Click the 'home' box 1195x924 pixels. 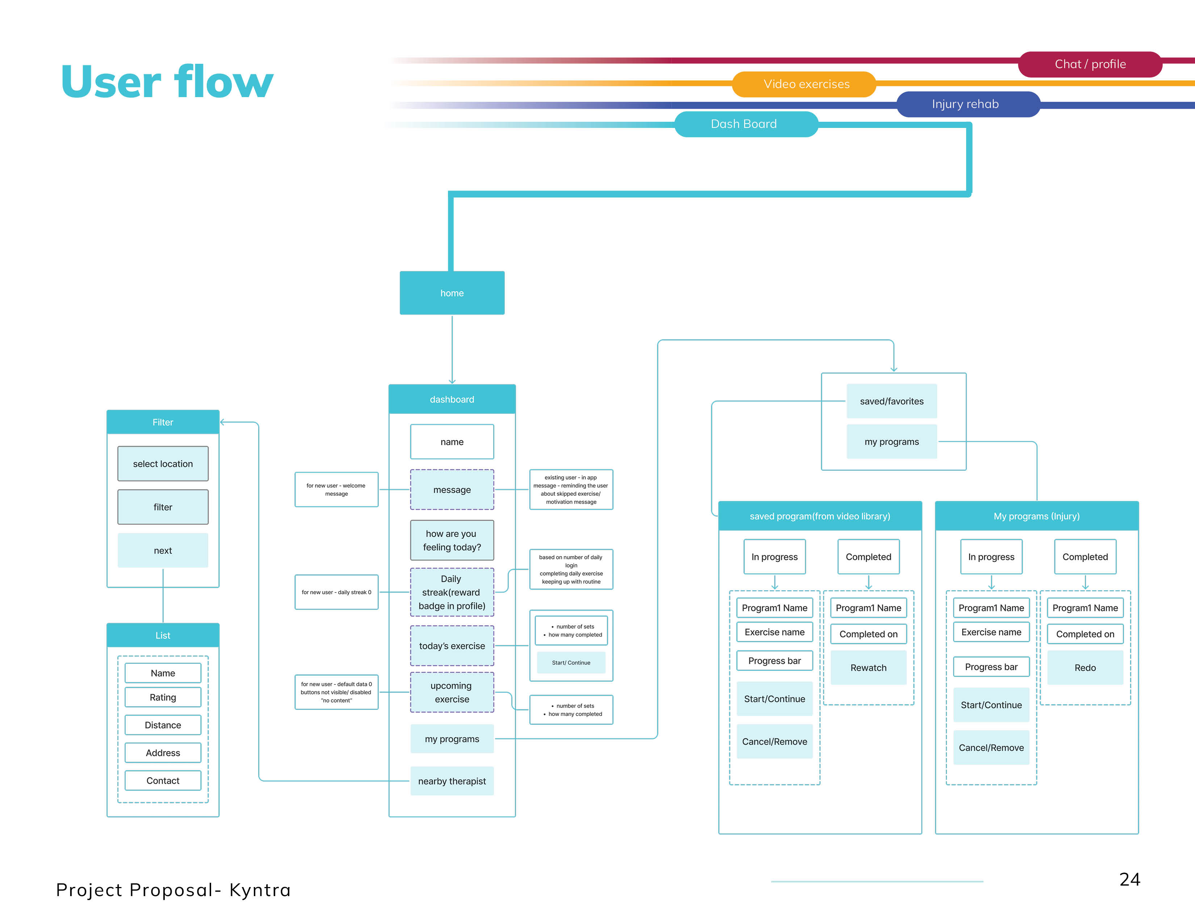[452, 293]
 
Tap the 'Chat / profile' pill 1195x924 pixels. [1090, 64]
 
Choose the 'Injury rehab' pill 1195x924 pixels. [965, 104]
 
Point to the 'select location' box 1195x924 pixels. [163, 464]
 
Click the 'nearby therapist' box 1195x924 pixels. [452, 781]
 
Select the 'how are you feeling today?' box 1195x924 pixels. [452, 540]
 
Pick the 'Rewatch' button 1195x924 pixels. [868, 668]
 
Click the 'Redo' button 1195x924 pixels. [1085, 668]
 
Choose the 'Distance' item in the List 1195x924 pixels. [163, 725]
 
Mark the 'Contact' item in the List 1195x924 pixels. [163, 781]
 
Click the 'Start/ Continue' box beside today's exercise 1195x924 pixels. [571, 663]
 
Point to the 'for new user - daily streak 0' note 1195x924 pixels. [336, 592]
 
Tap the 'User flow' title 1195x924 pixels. [167, 82]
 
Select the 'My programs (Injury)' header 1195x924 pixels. [1036, 516]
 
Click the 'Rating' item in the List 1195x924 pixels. [163, 698]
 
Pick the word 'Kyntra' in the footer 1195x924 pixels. [260, 890]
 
